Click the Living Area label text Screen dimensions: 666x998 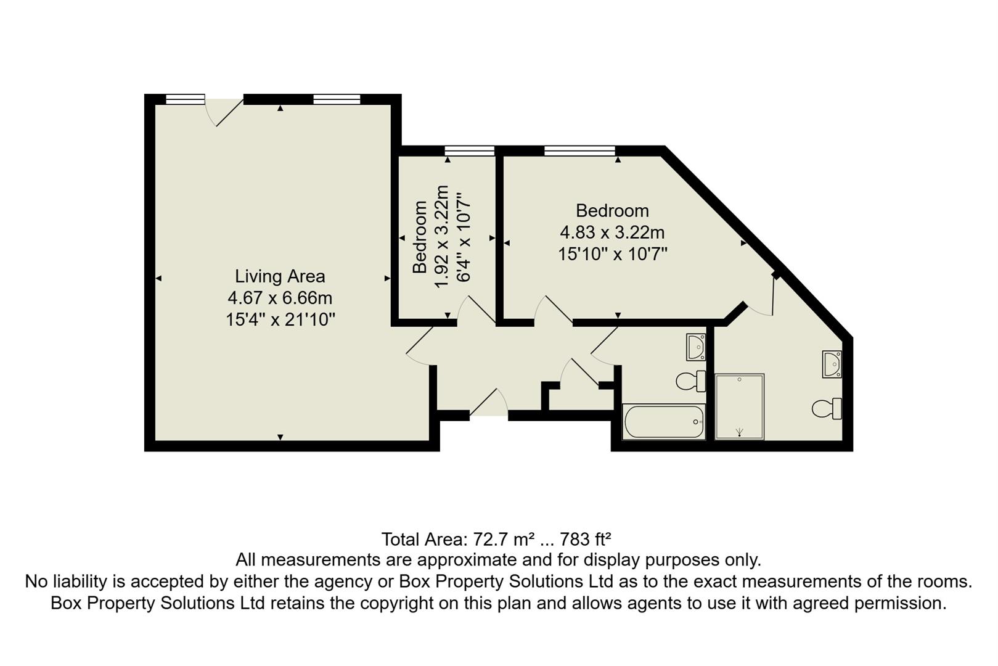(280, 276)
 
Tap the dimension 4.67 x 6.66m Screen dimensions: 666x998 (280, 298)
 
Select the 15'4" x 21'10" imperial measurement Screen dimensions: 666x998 (280, 319)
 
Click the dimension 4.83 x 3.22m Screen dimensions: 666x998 (612, 232)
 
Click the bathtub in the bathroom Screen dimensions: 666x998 (664, 422)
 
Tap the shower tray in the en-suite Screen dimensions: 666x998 (739, 406)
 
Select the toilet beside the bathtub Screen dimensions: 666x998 (691, 381)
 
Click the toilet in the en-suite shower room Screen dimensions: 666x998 (827, 408)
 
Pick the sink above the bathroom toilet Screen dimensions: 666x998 (696, 347)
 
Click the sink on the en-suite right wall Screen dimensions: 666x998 (832, 364)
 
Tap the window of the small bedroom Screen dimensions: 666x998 (470, 150)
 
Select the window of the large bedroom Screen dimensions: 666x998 (579, 150)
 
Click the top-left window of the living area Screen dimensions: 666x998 (185, 99)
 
